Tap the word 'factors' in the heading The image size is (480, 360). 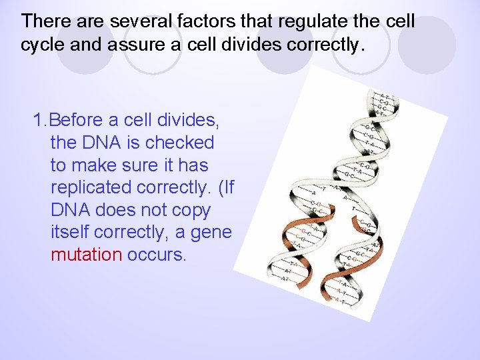(196, 21)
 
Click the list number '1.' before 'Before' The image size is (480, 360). (40, 120)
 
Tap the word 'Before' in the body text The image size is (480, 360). (76, 120)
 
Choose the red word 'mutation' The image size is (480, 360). (86, 255)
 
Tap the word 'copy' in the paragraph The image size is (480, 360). (190, 211)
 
